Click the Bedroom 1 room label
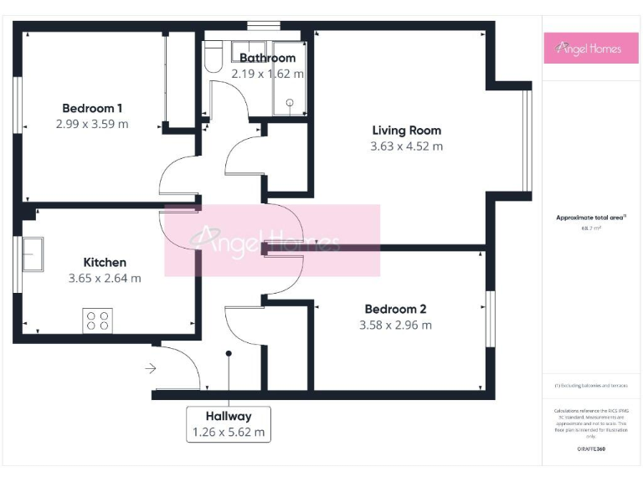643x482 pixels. point(92,108)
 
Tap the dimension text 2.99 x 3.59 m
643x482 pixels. point(92,124)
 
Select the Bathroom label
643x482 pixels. point(267,58)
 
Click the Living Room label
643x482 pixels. point(406,131)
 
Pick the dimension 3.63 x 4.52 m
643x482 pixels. point(406,146)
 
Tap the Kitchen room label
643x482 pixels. point(105,262)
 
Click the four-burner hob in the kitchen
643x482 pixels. point(97,320)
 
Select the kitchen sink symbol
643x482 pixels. point(33,254)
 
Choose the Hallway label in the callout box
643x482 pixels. point(229,416)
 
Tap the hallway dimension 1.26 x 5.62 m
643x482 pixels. point(229,432)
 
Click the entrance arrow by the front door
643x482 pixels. point(150,367)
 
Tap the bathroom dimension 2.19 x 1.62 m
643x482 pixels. point(267,74)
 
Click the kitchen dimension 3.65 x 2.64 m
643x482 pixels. point(105,278)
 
